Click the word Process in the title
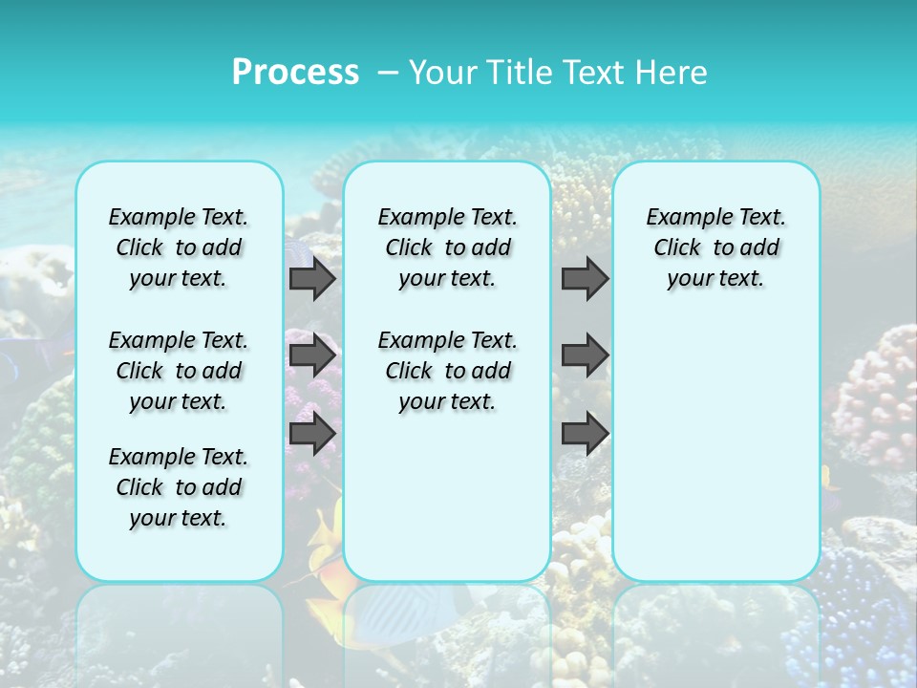(x=295, y=72)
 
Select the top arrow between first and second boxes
(x=312, y=279)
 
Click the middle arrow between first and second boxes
(x=312, y=356)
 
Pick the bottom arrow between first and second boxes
(x=312, y=434)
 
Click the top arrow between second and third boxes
(x=585, y=279)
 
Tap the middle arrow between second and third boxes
(x=585, y=356)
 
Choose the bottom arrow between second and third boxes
(x=585, y=434)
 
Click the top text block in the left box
(x=179, y=247)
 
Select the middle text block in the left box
(x=179, y=371)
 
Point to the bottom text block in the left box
(x=179, y=487)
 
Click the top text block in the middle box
(x=447, y=247)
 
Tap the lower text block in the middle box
(x=447, y=371)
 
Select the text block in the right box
(x=715, y=247)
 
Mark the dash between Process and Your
(x=389, y=73)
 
